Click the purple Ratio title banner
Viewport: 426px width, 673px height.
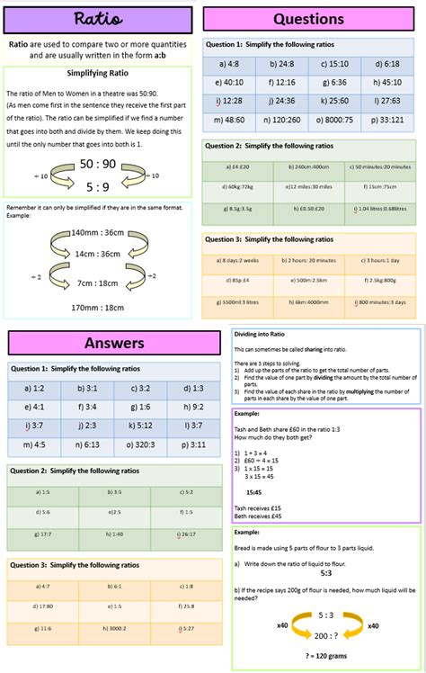tap(98, 19)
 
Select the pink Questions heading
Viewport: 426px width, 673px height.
tap(308, 19)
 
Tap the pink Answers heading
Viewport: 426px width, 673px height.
tap(114, 343)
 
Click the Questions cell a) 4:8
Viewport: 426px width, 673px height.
tap(229, 64)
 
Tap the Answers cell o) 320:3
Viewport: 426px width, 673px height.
tap(139, 444)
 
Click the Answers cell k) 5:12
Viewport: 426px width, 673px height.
tap(139, 426)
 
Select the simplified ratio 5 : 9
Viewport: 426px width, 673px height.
tap(98, 187)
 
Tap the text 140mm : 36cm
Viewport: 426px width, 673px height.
tap(99, 232)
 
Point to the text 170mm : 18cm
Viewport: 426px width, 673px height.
tap(99, 307)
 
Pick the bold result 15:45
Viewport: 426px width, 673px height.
tap(254, 492)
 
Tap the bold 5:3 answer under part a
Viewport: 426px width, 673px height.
tap(325, 572)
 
